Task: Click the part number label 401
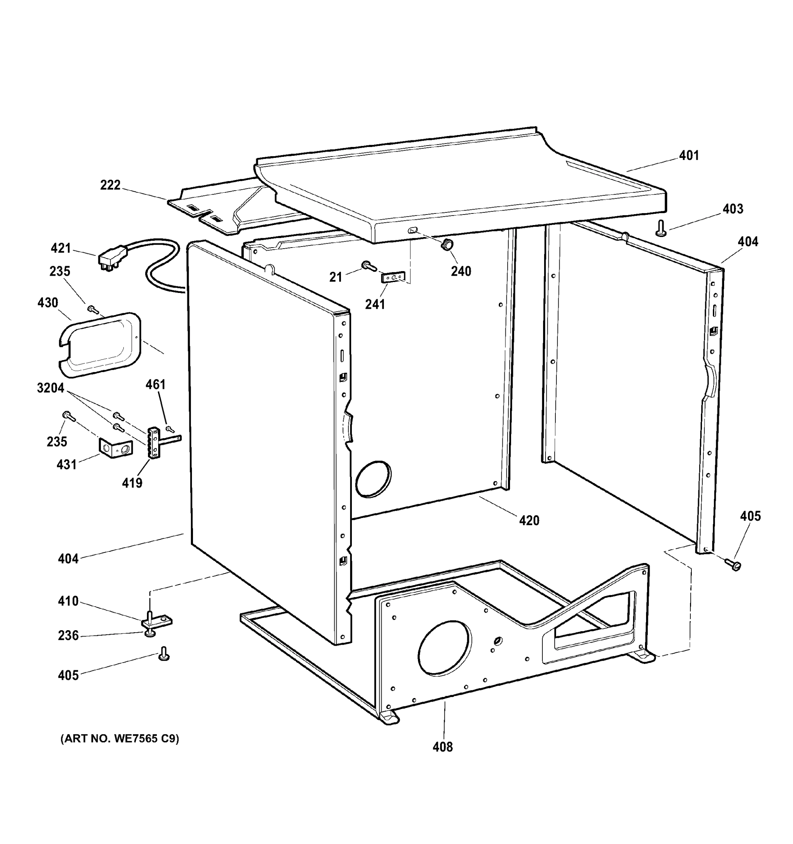[x=689, y=155]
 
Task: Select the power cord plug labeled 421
[x=113, y=258]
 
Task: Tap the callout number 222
[x=110, y=185]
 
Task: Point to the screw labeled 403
[x=660, y=228]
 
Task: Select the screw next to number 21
[x=368, y=266]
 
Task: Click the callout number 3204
[x=51, y=388]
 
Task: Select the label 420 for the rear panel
[x=529, y=520]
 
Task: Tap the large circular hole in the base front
[x=444, y=648]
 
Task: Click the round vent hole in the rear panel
[x=373, y=479]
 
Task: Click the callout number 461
[x=155, y=384]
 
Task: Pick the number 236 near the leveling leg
[x=68, y=635]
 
